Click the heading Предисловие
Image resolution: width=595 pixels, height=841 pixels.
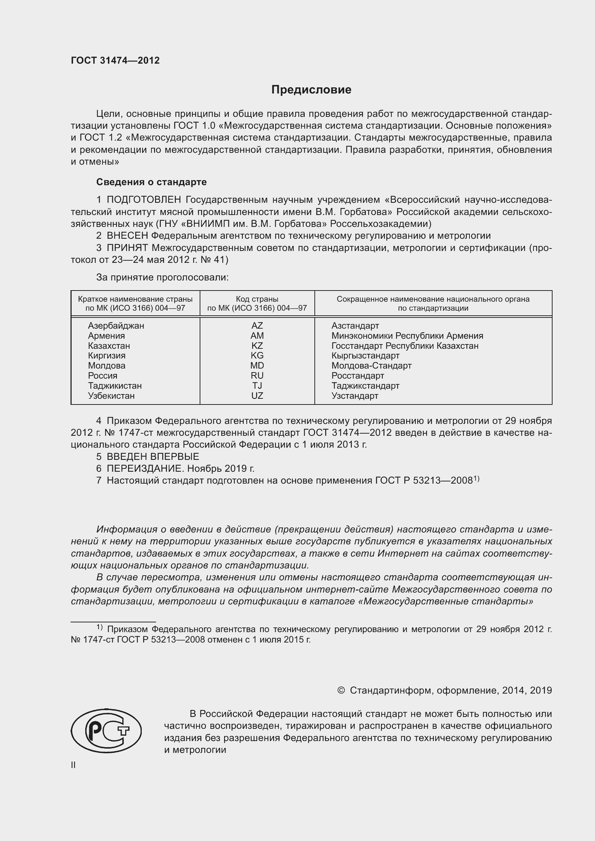[x=311, y=90]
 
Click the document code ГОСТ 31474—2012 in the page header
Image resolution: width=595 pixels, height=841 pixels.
[x=115, y=60]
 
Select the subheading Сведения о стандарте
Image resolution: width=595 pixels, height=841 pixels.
[x=151, y=182]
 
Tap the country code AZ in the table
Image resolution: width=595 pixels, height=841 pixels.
[x=257, y=326]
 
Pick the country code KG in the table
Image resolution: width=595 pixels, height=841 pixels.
[x=257, y=356]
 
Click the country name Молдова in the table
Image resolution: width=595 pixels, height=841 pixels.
[x=106, y=366]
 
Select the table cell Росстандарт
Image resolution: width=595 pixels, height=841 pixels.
[x=358, y=376]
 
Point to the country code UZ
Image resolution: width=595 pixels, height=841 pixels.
[x=257, y=396]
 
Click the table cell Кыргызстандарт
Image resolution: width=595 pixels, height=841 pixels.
[x=365, y=356]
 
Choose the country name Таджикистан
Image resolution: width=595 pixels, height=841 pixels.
[x=115, y=386]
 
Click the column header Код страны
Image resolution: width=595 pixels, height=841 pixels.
[x=257, y=299]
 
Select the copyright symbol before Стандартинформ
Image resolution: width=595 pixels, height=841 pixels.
[x=341, y=690]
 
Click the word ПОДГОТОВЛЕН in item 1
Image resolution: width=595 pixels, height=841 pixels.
[x=144, y=200]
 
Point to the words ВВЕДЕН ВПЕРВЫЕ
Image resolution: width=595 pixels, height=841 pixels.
[x=153, y=457]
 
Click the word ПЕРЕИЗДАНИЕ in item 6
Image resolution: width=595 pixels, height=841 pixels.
[x=145, y=469]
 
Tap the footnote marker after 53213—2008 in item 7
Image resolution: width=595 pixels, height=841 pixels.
[x=476, y=478]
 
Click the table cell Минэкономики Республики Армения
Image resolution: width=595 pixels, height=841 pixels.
[x=407, y=336]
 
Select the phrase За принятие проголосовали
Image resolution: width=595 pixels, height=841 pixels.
[x=162, y=277]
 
